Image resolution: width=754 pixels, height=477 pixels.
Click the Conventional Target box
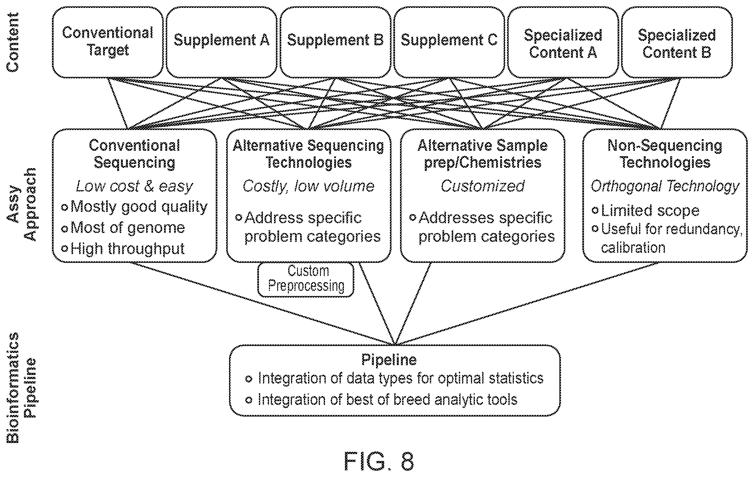click(108, 42)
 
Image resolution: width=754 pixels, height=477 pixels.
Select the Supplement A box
click(221, 42)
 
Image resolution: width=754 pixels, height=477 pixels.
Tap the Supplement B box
click(335, 42)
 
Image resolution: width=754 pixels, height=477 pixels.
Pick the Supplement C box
click(449, 42)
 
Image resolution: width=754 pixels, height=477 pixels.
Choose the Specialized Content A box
click(563, 42)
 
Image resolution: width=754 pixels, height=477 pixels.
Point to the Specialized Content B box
click(677, 42)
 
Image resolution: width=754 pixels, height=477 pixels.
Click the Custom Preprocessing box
click(306, 279)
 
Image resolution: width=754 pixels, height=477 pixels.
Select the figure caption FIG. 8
click(379, 461)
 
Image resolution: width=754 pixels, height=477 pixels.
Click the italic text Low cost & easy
click(134, 186)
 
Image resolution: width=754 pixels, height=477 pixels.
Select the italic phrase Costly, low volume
click(309, 186)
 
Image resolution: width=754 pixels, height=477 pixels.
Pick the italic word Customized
click(483, 186)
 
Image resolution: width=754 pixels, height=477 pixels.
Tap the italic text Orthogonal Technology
click(665, 186)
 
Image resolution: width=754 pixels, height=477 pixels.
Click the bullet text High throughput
click(123, 249)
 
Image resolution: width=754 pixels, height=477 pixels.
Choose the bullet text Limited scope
click(646, 210)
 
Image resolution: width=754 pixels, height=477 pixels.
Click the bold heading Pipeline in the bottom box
click(389, 360)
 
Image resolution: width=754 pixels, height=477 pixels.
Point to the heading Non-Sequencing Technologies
click(665, 154)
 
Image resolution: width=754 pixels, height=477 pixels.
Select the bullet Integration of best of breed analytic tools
click(381, 400)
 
